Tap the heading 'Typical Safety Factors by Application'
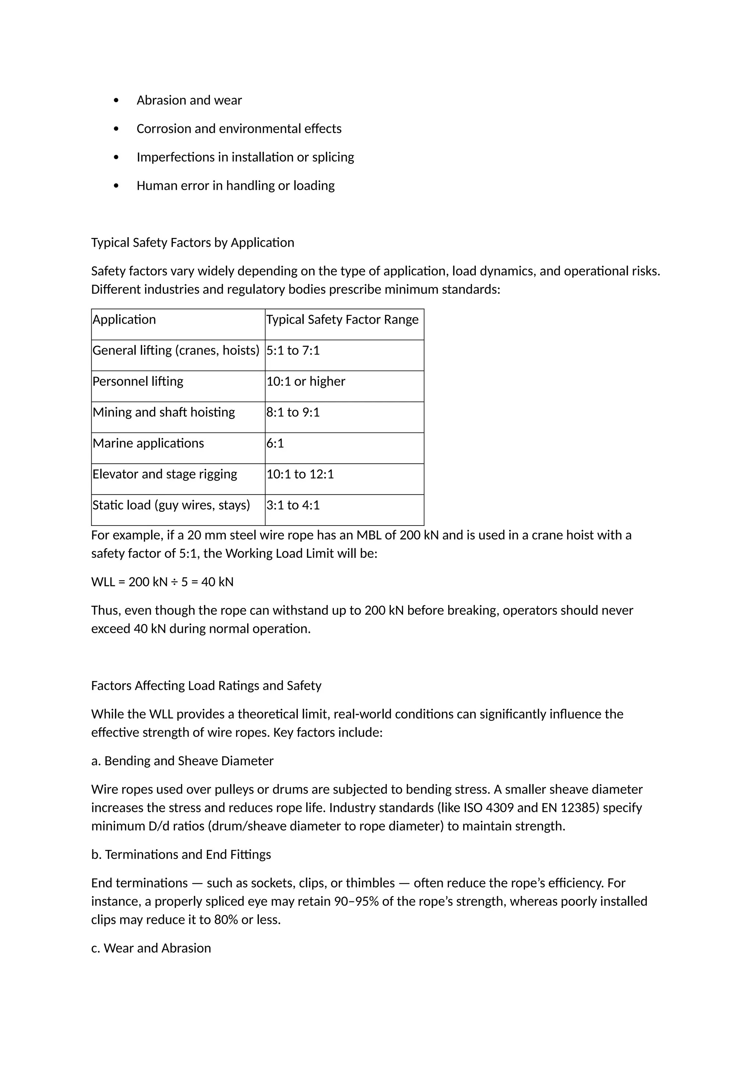click(192, 243)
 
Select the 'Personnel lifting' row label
click(138, 381)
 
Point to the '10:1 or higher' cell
click(306, 381)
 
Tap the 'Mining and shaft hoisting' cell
click(164, 412)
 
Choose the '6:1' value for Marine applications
click(275, 444)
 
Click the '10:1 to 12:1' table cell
click(300, 474)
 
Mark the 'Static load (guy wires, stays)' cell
click(171, 505)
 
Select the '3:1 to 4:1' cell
click(293, 505)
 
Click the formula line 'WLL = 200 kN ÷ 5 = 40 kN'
click(162, 582)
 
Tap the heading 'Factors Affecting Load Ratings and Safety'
click(206, 685)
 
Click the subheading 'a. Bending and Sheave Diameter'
click(182, 761)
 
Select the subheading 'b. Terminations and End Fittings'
click(181, 855)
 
